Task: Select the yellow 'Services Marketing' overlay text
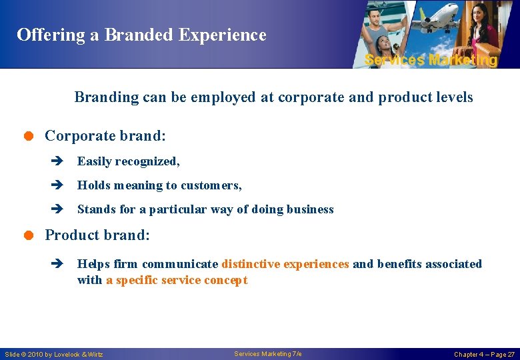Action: pyautogui.click(x=431, y=60)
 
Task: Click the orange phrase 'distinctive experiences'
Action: pyautogui.click(x=285, y=264)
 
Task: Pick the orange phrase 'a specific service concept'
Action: pyautogui.click(x=177, y=280)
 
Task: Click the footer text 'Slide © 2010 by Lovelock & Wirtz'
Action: pyautogui.click(x=54, y=354)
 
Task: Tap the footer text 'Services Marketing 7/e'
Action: pyautogui.click(x=268, y=353)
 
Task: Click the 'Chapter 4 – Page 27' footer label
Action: pyautogui.click(x=484, y=354)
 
